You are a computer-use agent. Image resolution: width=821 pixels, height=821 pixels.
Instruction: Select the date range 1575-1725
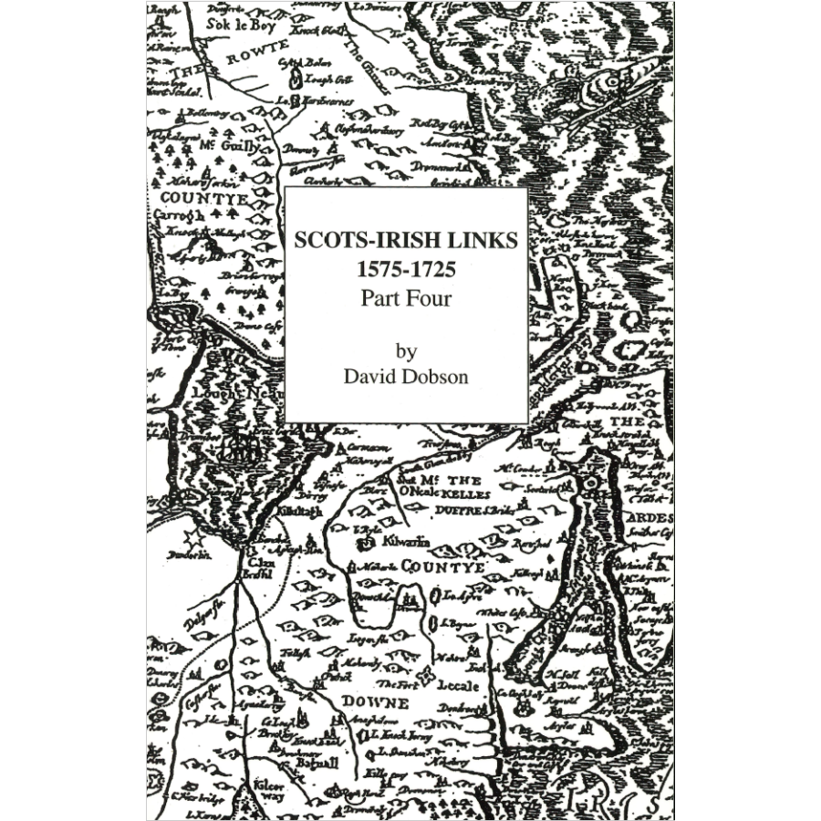point(405,270)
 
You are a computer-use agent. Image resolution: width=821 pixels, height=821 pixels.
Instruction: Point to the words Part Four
point(405,297)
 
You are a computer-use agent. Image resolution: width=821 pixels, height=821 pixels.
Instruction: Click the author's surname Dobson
point(436,377)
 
